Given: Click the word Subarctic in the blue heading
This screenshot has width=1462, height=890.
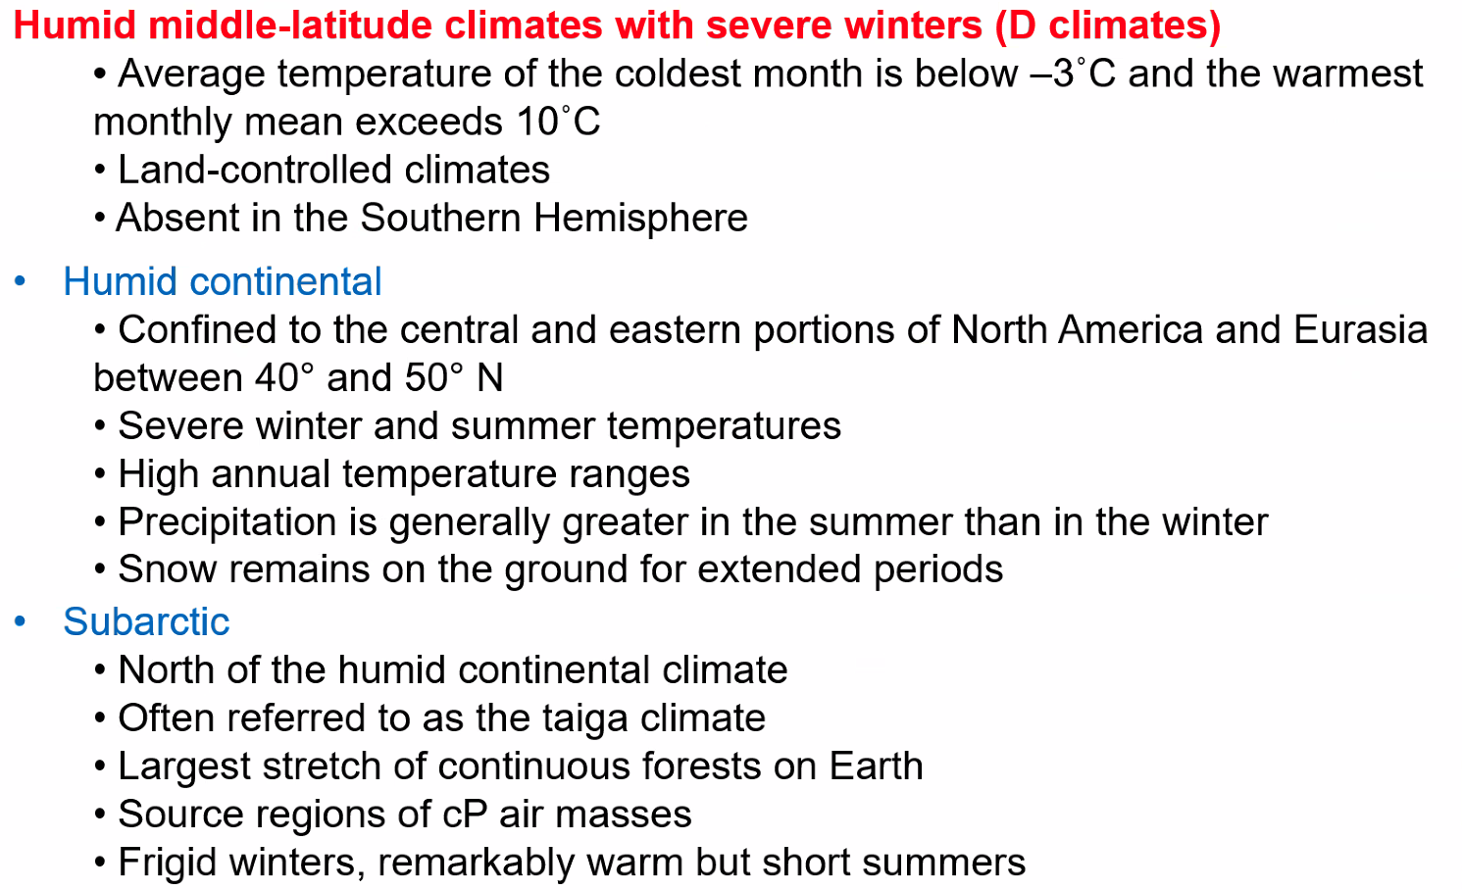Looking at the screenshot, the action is [x=146, y=620].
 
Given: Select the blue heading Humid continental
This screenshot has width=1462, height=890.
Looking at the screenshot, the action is [x=222, y=281].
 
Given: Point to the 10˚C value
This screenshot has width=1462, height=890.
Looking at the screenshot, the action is [x=558, y=122].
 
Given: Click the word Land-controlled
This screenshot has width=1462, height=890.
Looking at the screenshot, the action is [x=254, y=170].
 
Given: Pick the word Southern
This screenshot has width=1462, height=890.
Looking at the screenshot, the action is [x=440, y=218].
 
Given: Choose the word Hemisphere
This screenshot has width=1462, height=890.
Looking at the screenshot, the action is [x=640, y=218].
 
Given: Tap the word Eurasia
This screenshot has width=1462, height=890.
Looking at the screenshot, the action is [x=1360, y=329].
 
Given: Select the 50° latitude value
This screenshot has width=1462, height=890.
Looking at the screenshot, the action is [x=433, y=377].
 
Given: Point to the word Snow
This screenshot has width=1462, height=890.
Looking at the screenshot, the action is [x=167, y=569].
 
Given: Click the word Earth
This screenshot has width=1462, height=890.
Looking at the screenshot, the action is [x=876, y=766].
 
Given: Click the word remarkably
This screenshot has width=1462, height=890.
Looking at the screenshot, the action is [x=477, y=863].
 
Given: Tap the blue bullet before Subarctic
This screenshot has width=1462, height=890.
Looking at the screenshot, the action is [x=20, y=621].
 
